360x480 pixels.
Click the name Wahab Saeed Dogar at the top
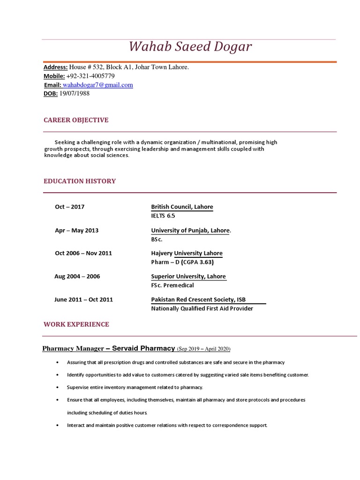190,47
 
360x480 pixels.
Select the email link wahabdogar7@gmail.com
97,85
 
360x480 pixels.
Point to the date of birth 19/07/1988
75,93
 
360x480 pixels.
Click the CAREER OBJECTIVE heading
76,120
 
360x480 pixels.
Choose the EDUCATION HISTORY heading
80,181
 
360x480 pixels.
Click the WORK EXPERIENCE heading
76,324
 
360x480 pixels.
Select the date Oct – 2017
70,207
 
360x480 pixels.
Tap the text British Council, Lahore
182,207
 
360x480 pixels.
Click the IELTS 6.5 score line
163,216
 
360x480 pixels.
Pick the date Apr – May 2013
76,230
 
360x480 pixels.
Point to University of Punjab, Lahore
190,230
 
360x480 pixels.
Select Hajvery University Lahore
187,253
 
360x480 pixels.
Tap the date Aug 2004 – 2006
77,276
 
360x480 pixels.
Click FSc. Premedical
172,285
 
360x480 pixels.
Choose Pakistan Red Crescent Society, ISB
198,300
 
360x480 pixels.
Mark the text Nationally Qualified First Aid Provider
202,308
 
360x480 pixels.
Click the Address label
55,67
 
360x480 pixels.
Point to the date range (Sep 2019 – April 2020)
203,349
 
